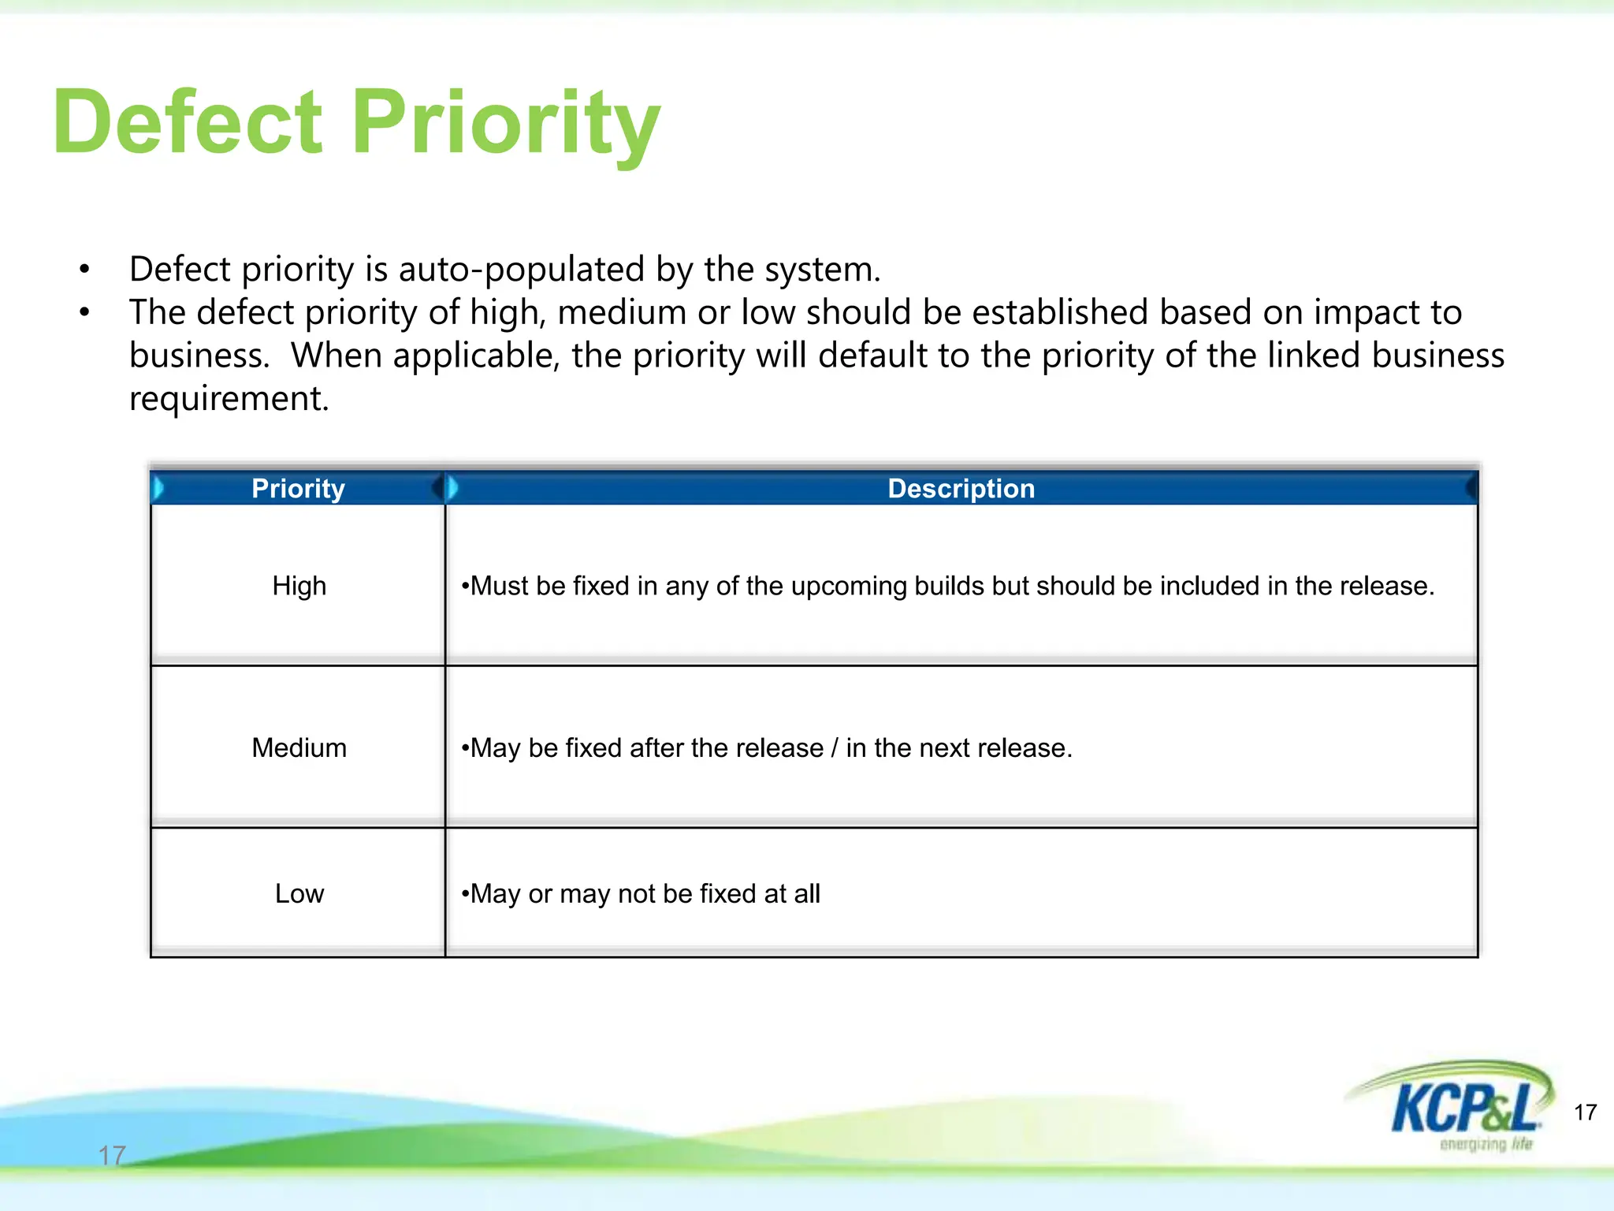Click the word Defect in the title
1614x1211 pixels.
click(188, 122)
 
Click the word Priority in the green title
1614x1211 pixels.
click(504, 122)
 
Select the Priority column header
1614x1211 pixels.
click(298, 489)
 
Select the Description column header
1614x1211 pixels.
click(961, 489)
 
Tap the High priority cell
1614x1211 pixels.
click(299, 586)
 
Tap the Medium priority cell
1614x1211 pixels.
click(299, 747)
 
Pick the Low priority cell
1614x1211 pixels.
click(299, 893)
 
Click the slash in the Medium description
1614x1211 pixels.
click(835, 747)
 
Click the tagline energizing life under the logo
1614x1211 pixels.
click(1486, 1144)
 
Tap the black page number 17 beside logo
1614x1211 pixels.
click(1585, 1112)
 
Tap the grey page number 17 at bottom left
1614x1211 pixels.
click(112, 1156)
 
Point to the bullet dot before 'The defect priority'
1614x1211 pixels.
click(84, 313)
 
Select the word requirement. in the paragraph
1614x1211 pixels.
click(229, 399)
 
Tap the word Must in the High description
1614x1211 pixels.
click(499, 587)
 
